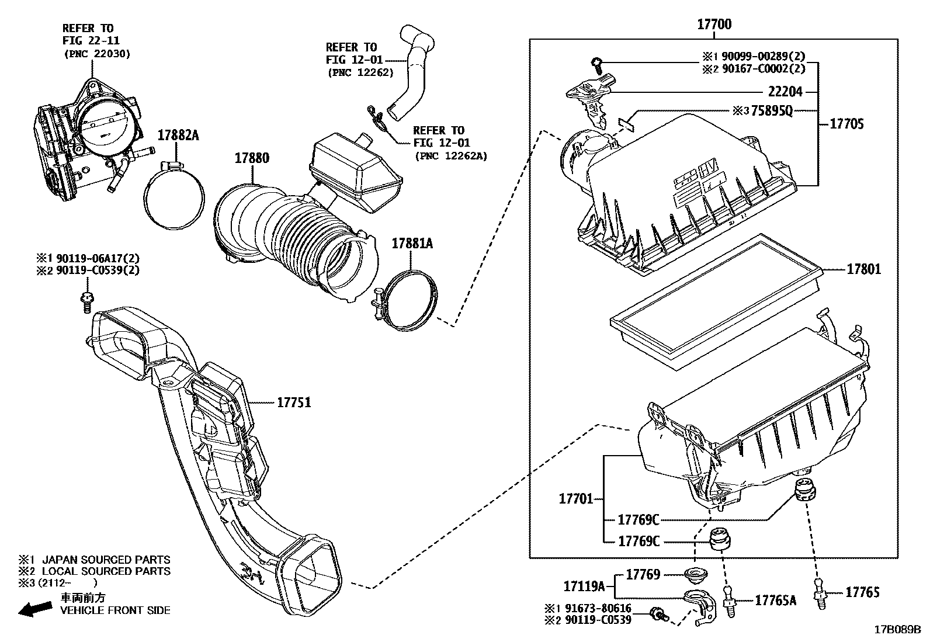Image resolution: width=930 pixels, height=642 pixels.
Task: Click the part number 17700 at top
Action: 714,25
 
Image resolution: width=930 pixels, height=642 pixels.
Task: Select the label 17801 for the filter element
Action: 864,270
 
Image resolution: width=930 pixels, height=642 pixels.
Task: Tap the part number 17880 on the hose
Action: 252,158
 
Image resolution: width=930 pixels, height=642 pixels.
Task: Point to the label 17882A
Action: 178,136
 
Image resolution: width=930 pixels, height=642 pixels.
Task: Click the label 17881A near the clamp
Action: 412,244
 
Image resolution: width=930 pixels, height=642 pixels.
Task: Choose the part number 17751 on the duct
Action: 294,402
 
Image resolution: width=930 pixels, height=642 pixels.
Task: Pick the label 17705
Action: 846,124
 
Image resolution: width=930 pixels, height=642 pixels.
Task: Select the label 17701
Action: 576,499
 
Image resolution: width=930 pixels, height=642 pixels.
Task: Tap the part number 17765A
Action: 776,600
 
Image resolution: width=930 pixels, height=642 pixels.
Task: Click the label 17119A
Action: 584,586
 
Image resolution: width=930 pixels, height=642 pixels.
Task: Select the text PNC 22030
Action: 96,54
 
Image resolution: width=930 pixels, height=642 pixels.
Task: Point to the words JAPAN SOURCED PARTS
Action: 106,560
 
